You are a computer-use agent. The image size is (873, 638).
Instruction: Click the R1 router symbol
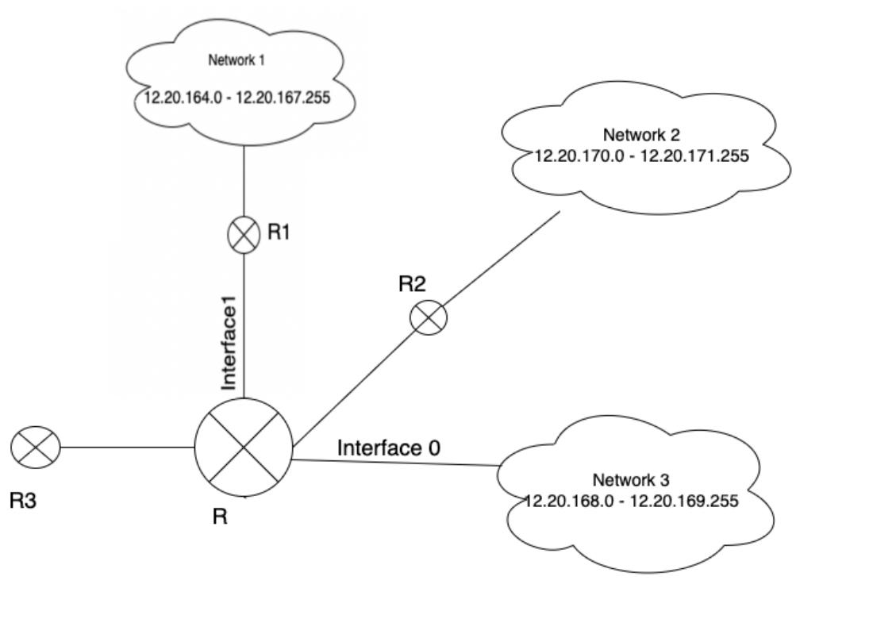click(x=243, y=236)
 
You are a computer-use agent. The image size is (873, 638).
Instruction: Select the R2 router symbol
click(x=429, y=318)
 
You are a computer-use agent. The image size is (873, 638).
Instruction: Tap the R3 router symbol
click(x=36, y=447)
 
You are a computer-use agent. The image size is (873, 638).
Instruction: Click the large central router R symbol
click(x=244, y=446)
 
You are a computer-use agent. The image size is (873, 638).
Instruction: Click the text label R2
click(x=413, y=284)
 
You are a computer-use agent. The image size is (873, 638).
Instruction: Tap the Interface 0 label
click(x=389, y=448)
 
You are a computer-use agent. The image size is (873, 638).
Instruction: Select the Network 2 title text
click(x=641, y=133)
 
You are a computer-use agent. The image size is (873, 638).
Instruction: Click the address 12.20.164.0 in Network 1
click(x=180, y=98)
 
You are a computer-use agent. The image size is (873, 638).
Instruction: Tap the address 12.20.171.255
click(x=695, y=156)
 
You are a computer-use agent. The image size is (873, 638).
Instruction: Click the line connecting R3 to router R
click(x=127, y=447)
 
